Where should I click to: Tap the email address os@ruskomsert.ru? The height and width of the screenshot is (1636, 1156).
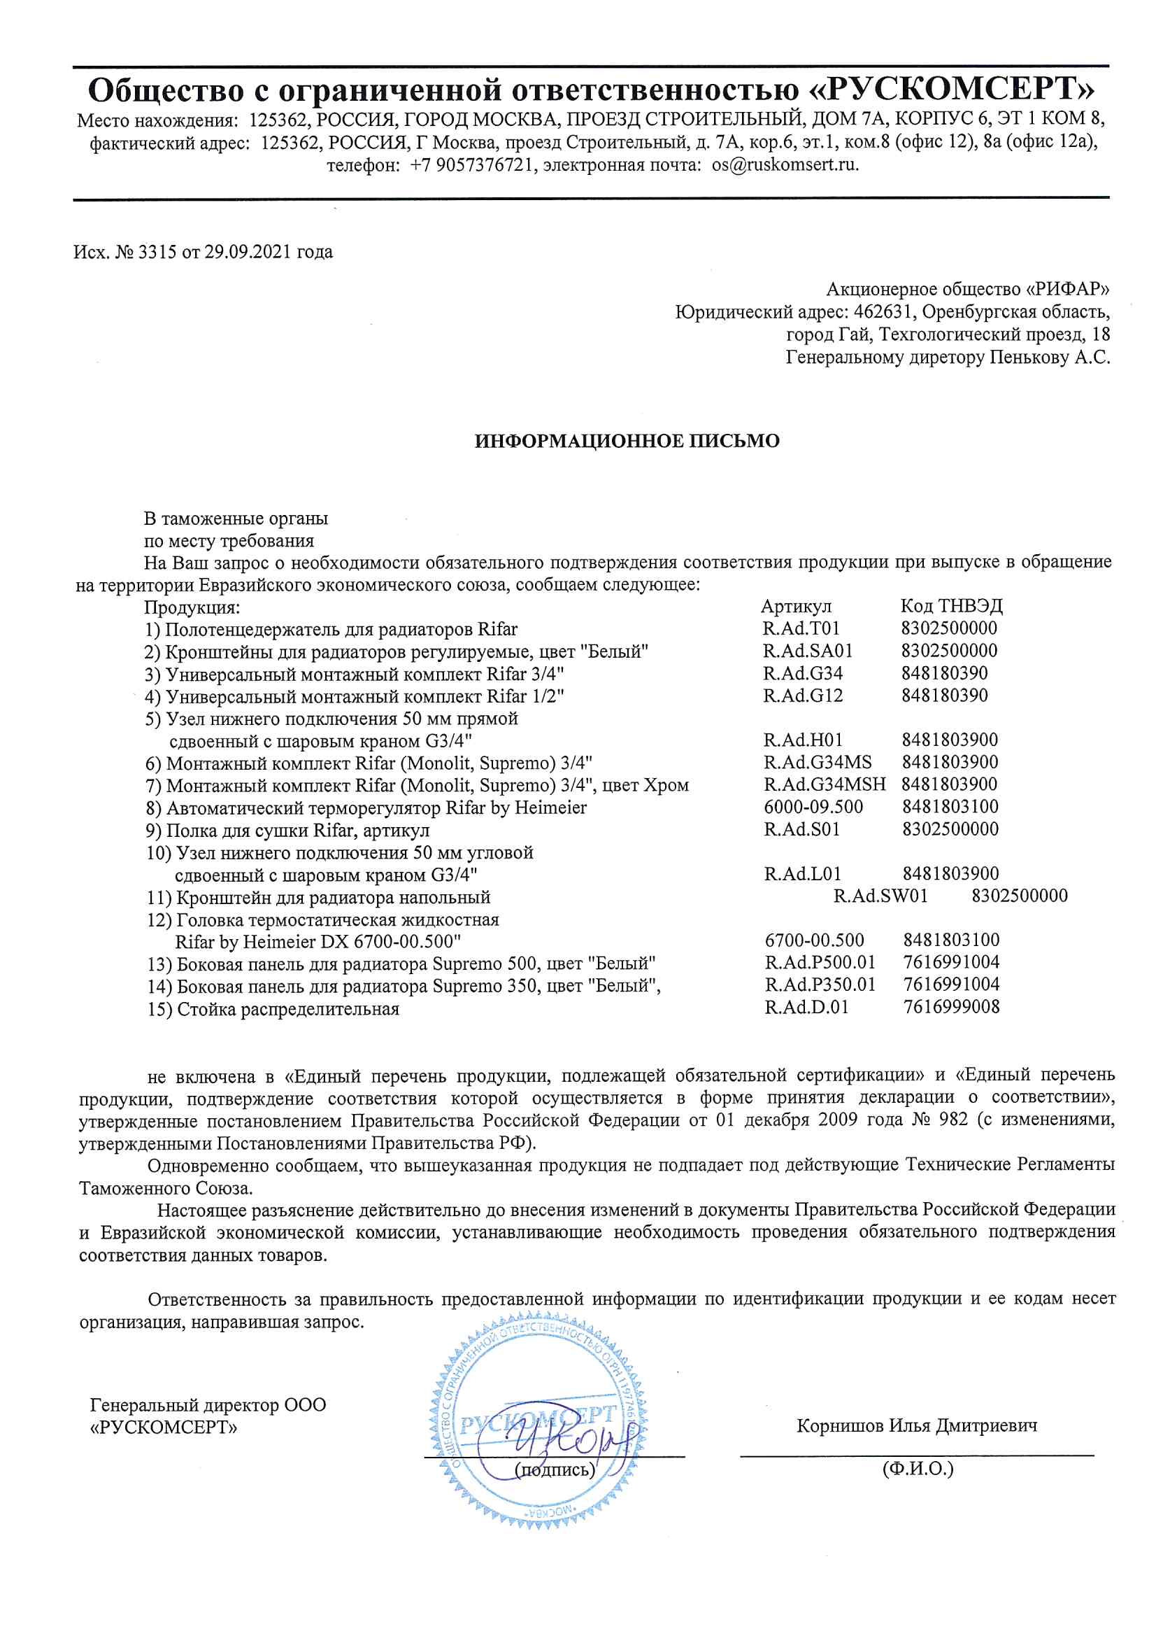(x=785, y=165)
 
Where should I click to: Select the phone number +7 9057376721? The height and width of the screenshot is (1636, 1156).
(x=471, y=165)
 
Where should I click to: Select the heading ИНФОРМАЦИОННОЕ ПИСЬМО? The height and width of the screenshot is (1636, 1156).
(x=627, y=441)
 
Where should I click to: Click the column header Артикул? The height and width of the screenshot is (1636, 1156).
(x=796, y=607)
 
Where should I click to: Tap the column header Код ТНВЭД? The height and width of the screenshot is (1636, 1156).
(x=951, y=607)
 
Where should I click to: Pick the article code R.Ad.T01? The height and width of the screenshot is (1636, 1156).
(x=801, y=628)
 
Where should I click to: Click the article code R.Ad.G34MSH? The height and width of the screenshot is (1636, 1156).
(x=824, y=784)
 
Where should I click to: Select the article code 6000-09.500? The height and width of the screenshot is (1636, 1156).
(x=813, y=808)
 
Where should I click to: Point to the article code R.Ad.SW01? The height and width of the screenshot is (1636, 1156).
(x=880, y=896)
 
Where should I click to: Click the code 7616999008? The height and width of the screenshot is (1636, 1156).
(x=951, y=1008)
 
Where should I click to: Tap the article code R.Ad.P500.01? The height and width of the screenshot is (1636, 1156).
(x=820, y=963)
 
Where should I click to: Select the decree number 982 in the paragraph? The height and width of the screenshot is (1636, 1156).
(x=953, y=1120)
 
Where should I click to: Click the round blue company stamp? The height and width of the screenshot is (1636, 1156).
(x=538, y=1425)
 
